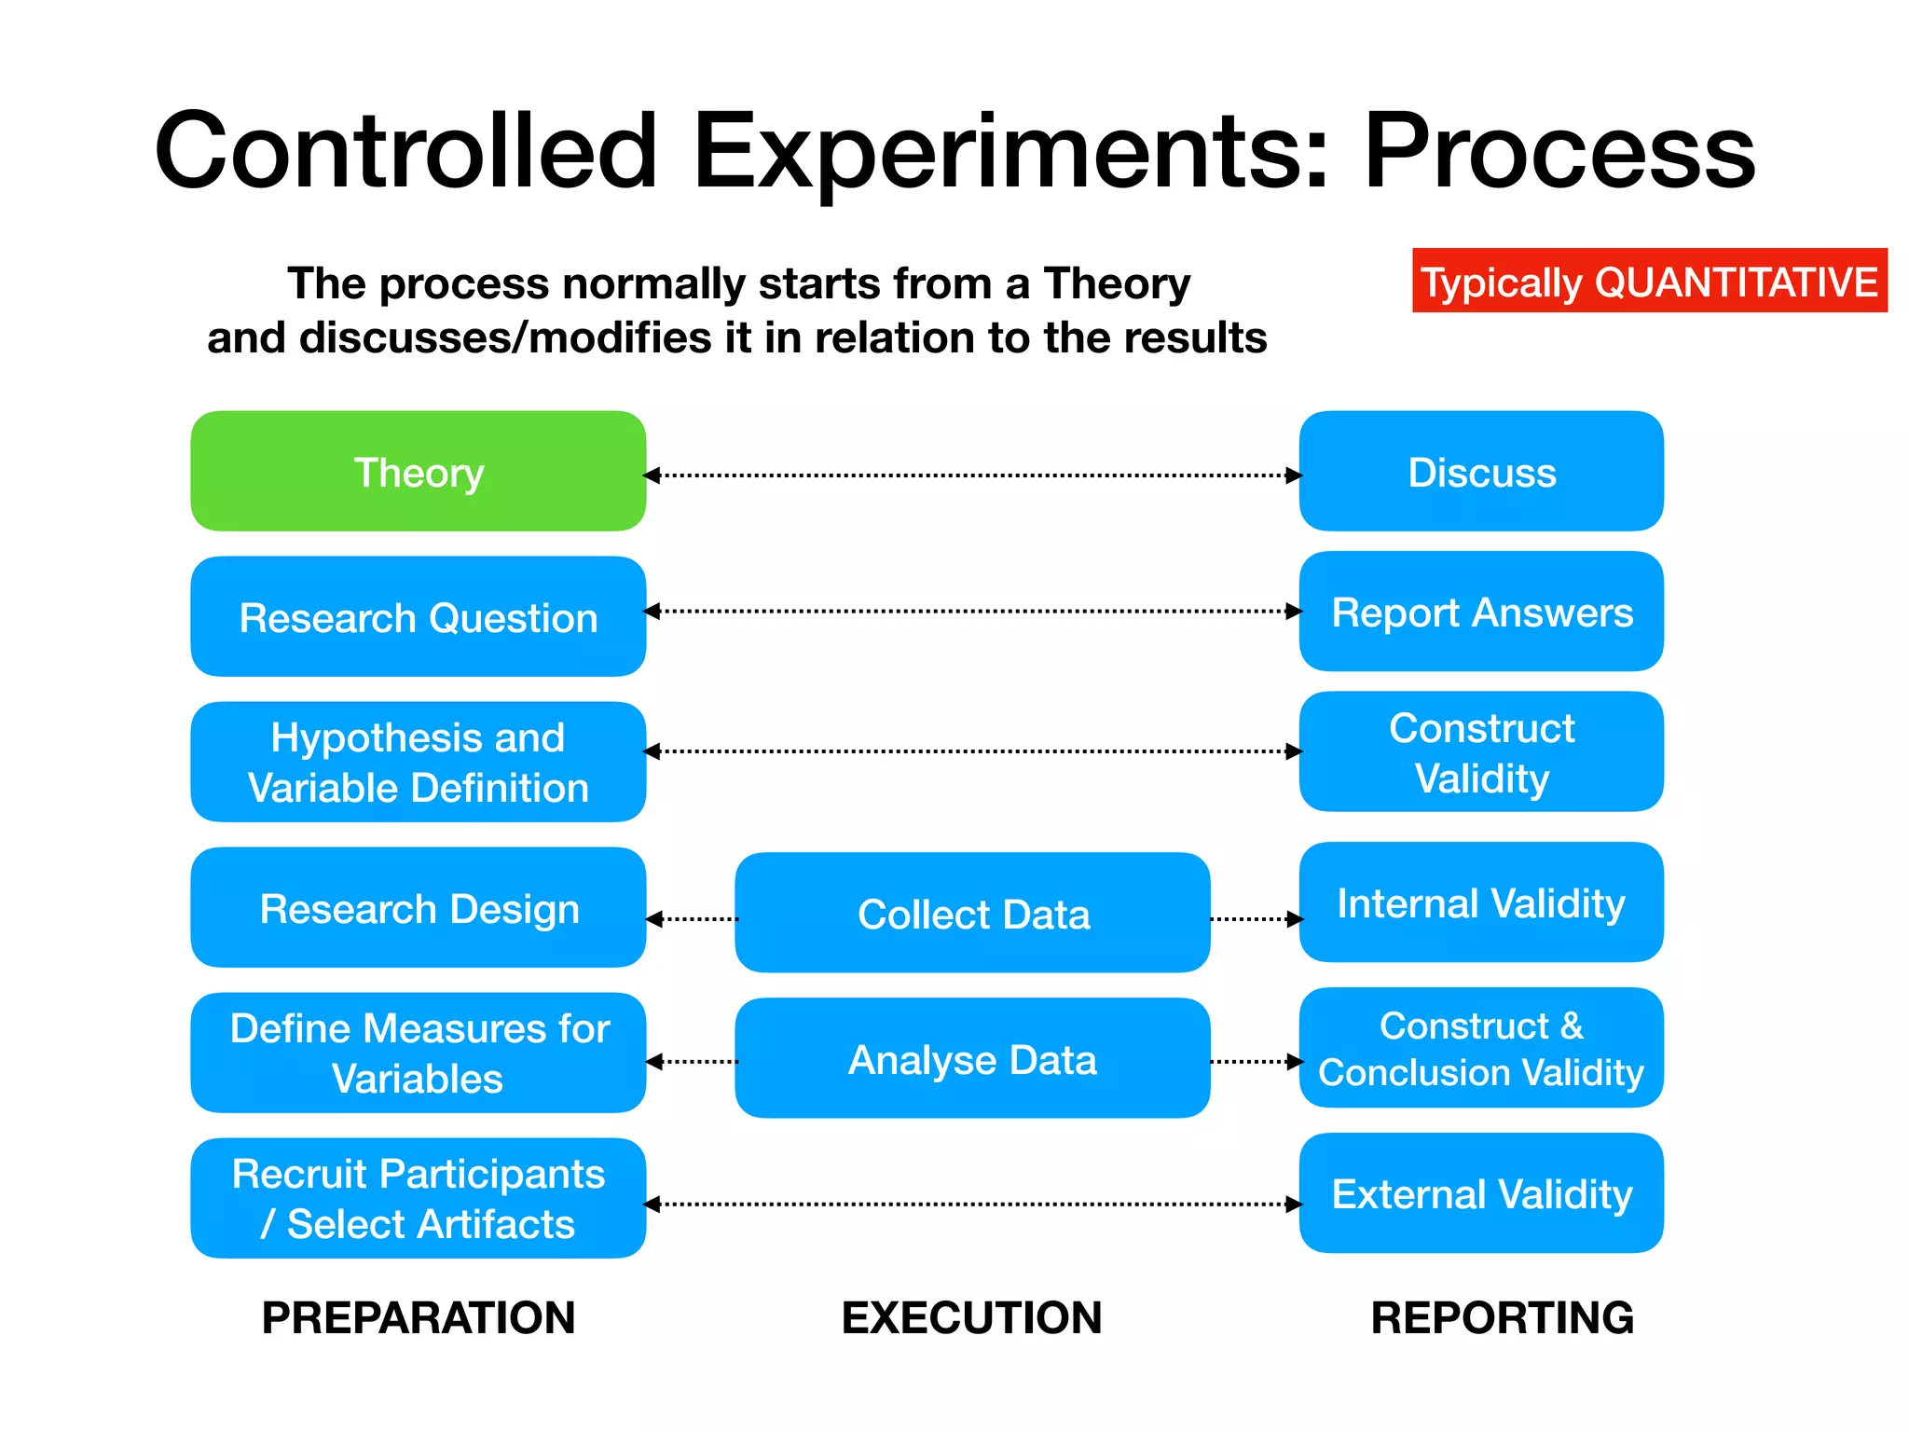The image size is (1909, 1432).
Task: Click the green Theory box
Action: tap(418, 472)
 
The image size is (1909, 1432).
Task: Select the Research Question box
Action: tap(418, 617)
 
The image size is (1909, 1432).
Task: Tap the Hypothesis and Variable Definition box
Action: tap(418, 762)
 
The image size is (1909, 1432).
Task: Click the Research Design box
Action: tap(418, 908)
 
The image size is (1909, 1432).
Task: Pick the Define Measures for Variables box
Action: tap(418, 1053)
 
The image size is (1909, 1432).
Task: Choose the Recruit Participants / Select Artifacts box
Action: tap(418, 1198)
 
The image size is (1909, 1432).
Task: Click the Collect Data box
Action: tap(972, 914)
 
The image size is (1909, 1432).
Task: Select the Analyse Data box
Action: tap(972, 1059)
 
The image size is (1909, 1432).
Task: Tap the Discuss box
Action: tap(1481, 472)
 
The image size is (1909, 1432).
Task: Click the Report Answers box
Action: tap(1481, 612)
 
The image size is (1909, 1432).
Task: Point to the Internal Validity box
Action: tap(1481, 902)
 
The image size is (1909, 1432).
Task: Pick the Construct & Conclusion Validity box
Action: tap(1481, 1048)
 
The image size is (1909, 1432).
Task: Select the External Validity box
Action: tap(1481, 1193)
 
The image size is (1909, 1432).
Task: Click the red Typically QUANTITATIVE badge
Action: tap(1649, 281)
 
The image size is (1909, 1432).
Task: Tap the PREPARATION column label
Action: tap(418, 1317)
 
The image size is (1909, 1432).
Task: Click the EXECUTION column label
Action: tap(971, 1317)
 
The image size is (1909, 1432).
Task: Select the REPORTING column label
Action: tap(1502, 1317)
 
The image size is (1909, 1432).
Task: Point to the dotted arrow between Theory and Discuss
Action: tap(972, 475)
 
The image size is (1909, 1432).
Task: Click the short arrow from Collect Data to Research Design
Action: tap(692, 919)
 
